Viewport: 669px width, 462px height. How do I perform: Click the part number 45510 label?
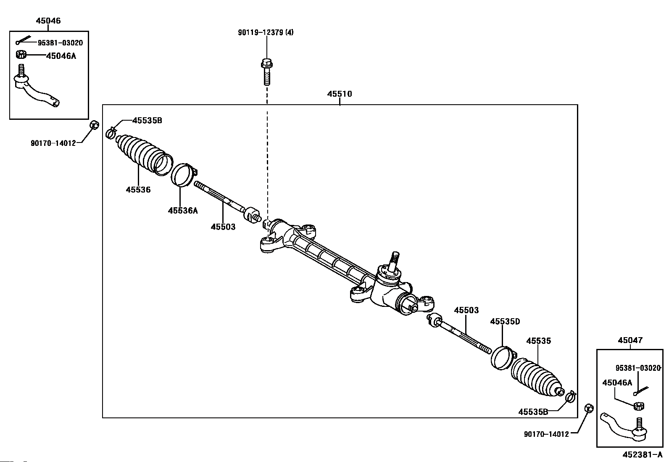[x=340, y=94]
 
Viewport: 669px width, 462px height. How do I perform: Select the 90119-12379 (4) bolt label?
[x=266, y=32]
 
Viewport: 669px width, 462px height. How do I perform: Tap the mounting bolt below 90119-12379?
[x=267, y=72]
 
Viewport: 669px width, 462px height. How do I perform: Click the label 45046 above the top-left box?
[x=48, y=21]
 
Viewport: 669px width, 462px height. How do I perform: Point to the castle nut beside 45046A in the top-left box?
[x=21, y=55]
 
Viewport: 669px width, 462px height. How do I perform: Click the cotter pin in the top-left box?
[x=23, y=40]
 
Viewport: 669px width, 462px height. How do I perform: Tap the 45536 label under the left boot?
[x=138, y=190]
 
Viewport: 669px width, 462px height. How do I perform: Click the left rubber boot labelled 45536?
[x=143, y=155]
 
